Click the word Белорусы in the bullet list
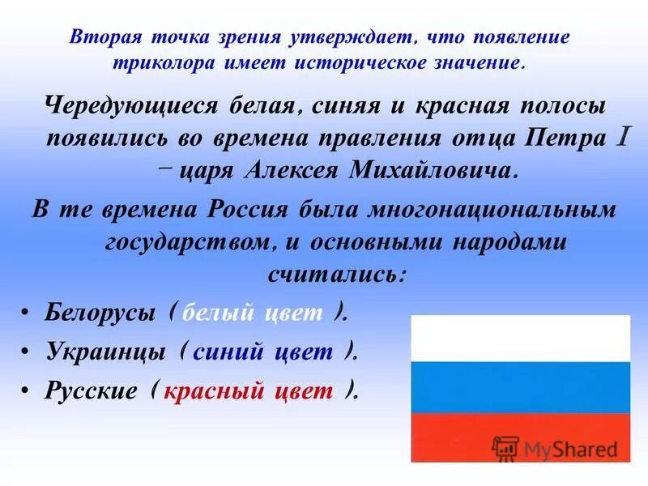(x=99, y=314)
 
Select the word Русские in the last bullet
(x=90, y=391)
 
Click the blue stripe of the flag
(x=521, y=386)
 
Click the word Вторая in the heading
(x=100, y=37)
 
